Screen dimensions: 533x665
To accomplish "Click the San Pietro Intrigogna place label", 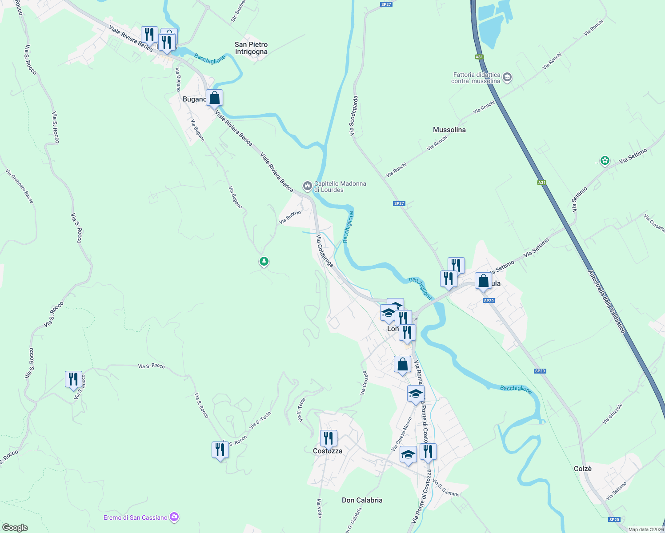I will point(251,48).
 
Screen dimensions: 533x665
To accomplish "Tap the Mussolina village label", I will point(449,130).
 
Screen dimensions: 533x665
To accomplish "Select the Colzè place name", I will point(582,469).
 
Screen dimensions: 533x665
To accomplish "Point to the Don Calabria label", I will point(362,500).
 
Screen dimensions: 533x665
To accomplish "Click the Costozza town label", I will point(328,451).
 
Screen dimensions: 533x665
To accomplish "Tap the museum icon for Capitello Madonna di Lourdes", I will point(307,186).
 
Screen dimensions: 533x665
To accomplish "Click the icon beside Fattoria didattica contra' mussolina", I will point(507,78).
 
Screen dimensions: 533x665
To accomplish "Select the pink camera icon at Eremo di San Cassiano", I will point(174,517).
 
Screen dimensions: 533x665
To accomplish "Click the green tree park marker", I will point(264,262).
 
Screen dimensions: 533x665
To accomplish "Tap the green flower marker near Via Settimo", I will point(605,160).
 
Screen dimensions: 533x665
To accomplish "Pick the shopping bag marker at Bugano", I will point(214,98).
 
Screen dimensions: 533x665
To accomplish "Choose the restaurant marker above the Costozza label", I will point(328,438).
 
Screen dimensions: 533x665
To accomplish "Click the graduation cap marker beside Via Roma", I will point(416,394).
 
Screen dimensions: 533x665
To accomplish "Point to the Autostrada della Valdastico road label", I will point(606,302).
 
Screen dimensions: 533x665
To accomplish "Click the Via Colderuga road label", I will point(324,251).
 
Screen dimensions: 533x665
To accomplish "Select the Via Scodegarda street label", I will point(353,115).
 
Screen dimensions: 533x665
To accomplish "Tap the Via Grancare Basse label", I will point(20,186).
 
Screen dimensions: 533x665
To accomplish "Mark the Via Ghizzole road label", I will point(613,414).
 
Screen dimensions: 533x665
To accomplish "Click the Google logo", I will point(15,527).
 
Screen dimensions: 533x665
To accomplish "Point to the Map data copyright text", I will point(646,529).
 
